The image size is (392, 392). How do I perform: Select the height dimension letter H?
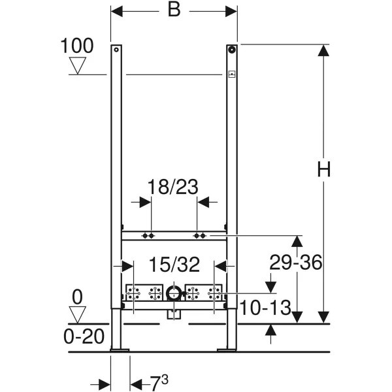[324, 169]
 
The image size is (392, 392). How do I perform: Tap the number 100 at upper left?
[77, 46]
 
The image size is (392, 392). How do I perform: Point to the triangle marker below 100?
[78, 65]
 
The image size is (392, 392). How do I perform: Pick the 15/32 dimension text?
[173, 265]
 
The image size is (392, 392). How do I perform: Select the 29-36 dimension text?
[297, 263]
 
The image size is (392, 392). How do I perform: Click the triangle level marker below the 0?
[78, 314]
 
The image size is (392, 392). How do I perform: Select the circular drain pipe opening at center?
[174, 294]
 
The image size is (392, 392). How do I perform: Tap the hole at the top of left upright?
[116, 49]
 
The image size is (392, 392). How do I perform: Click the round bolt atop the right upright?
[232, 49]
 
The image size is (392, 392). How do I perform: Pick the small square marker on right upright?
[231, 74]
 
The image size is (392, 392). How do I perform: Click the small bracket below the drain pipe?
[174, 315]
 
